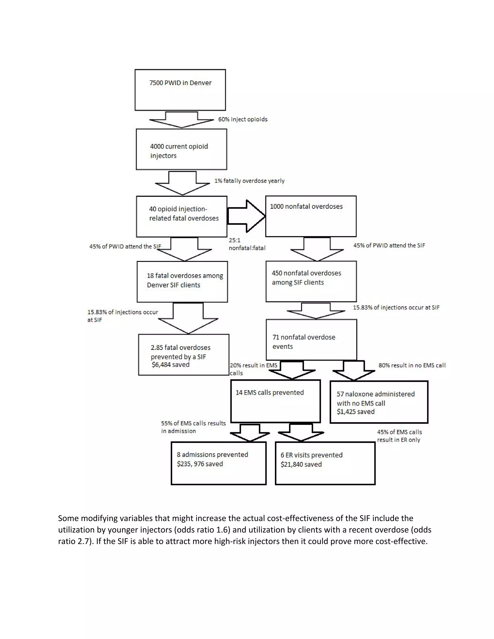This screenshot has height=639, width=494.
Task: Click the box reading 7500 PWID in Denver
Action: click(180, 90)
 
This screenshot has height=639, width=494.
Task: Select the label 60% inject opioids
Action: click(243, 119)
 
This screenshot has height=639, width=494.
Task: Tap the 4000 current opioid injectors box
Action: click(181, 149)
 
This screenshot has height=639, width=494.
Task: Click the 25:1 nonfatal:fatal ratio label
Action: click(247, 244)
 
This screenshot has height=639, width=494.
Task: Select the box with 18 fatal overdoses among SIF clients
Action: click(182, 281)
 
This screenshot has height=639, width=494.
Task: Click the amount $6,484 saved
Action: click(170, 365)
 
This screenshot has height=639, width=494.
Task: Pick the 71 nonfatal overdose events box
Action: click(311, 340)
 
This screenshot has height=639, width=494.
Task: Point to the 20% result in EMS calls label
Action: click(253, 369)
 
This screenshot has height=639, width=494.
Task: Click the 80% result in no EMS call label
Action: click(412, 365)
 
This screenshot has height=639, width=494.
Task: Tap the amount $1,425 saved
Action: click(355, 412)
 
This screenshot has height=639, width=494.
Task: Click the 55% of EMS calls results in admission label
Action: click(193, 427)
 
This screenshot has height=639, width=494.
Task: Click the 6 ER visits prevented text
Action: click(311, 455)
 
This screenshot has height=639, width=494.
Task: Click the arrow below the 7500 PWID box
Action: click(181, 119)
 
